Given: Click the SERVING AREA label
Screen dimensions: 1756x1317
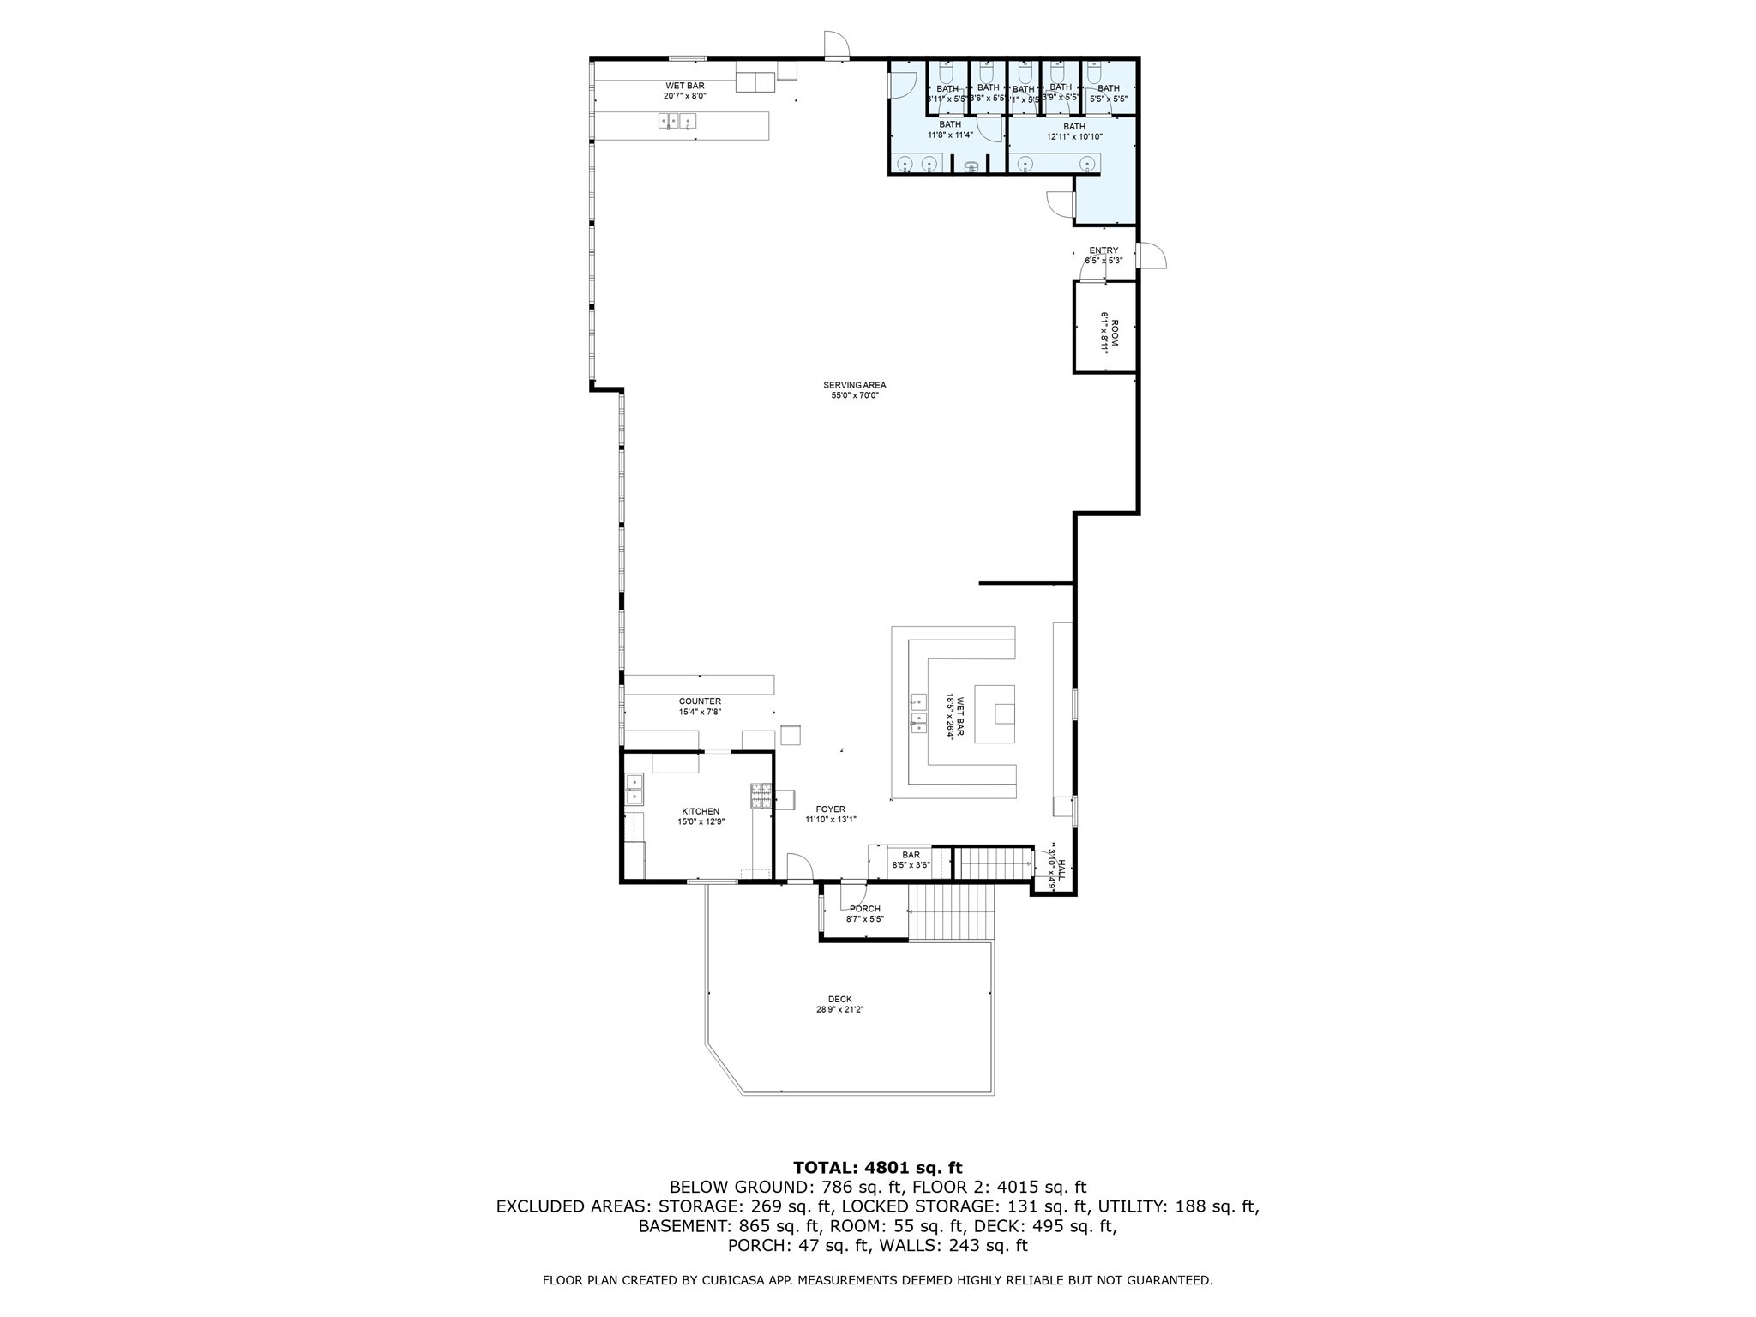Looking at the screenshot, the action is click(855, 385).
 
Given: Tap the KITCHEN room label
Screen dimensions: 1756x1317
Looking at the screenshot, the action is click(701, 811).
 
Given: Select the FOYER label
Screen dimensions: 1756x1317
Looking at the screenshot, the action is click(830, 809).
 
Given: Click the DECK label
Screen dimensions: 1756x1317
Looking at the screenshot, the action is click(839, 999).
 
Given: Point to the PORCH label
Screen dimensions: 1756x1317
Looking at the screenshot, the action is click(864, 909).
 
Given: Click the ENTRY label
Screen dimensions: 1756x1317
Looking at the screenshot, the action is click(1104, 250).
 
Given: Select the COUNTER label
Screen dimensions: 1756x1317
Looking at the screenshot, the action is click(700, 701).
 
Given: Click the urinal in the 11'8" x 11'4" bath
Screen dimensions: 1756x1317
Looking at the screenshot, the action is click(971, 167).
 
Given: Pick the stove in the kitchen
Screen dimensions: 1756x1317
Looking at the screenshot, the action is click(761, 797).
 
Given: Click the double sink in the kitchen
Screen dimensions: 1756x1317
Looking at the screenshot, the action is click(634, 789).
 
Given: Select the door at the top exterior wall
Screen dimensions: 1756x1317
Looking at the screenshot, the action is click(836, 46).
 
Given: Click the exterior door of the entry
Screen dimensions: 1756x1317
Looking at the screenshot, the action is click(1150, 256).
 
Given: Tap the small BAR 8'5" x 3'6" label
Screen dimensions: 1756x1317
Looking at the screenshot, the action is click(911, 855).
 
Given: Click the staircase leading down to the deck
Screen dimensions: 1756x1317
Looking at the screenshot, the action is click(951, 911).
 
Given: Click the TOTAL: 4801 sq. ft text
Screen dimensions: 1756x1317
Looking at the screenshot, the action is click(877, 1167).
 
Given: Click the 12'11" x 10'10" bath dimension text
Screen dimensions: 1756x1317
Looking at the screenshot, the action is click(1073, 137).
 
